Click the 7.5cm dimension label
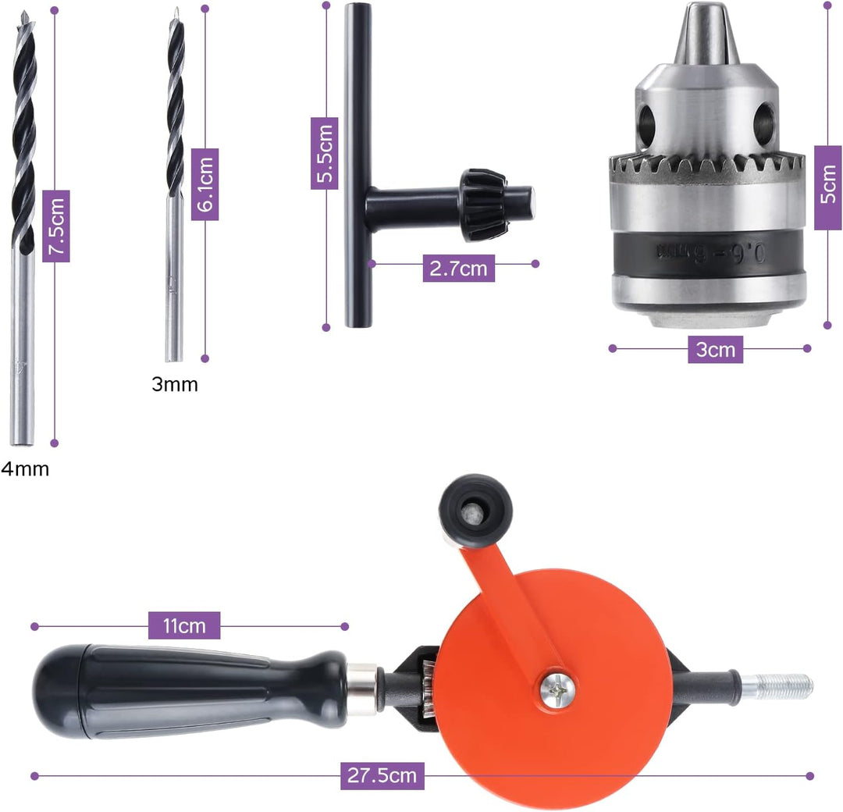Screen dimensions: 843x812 point(56,226)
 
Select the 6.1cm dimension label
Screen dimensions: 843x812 point(205,184)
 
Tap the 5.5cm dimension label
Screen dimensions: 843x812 point(324,153)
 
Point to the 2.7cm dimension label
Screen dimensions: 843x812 point(459,268)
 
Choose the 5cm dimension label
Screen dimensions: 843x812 point(828,187)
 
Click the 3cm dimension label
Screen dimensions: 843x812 point(715,350)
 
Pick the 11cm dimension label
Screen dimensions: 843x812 point(184,625)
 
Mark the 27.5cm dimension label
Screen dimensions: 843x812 point(382,775)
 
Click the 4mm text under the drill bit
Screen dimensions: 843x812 point(25,469)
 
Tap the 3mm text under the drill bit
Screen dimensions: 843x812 point(175,384)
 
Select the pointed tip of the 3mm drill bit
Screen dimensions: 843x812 point(175,12)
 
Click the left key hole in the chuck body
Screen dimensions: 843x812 point(646,122)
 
